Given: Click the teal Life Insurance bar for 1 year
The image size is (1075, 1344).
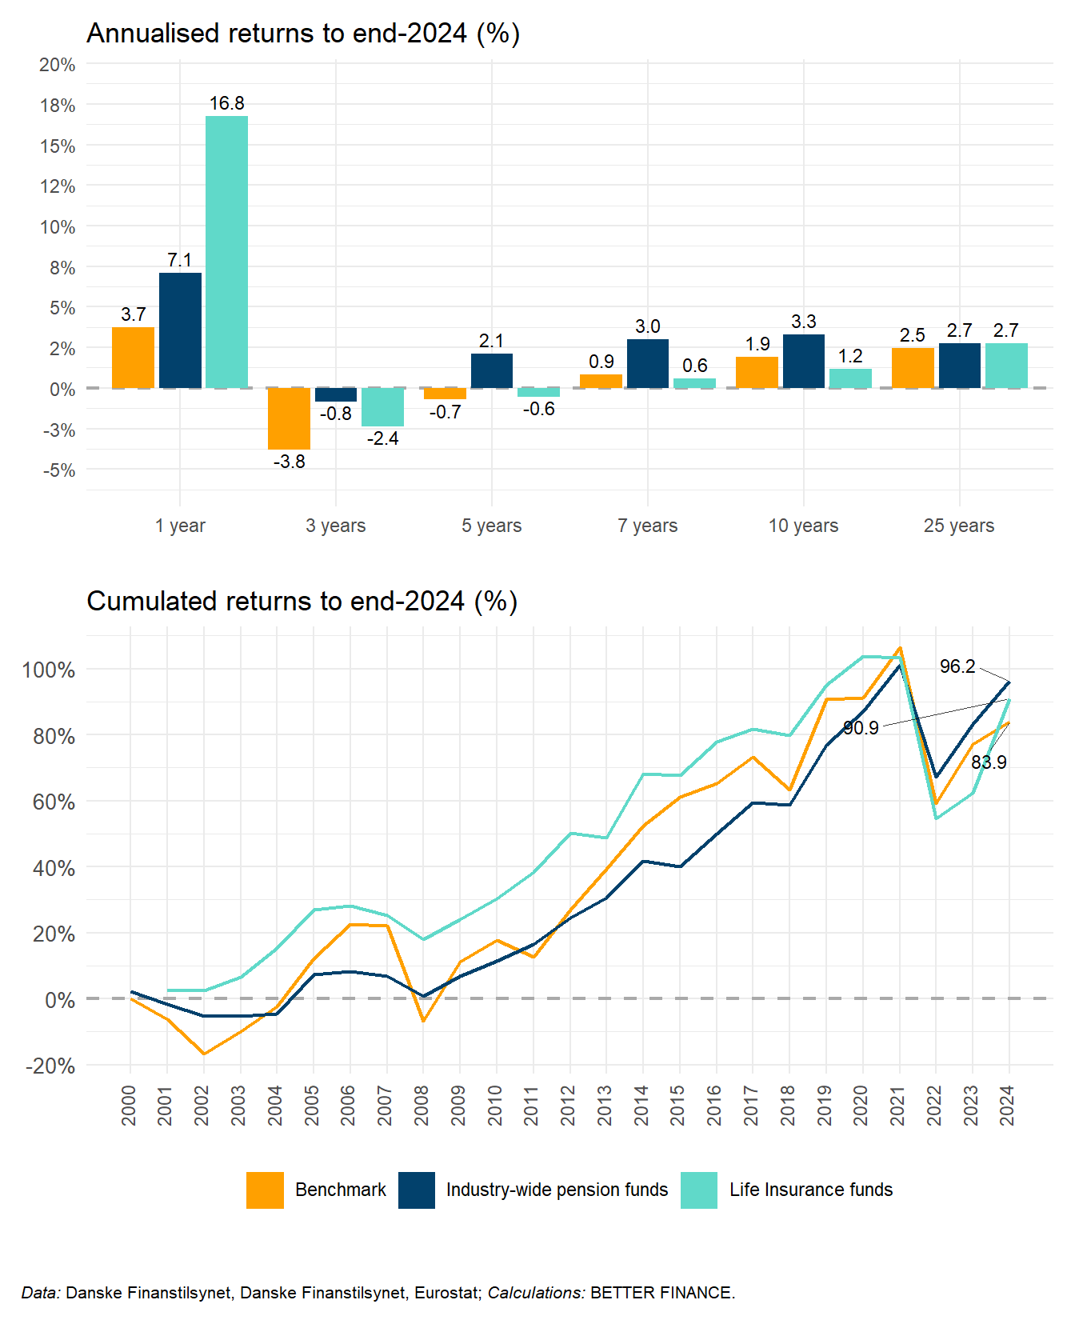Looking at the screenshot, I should tap(226, 252).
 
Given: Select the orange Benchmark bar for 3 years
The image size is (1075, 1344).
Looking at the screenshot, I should tap(289, 418).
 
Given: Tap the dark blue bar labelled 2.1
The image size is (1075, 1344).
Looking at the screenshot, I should tap(492, 370).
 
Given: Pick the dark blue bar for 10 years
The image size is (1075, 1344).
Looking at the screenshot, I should tap(804, 361).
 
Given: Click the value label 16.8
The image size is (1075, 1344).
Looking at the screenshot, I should tap(227, 103).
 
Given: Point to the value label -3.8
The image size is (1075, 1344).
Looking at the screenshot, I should tap(289, 462).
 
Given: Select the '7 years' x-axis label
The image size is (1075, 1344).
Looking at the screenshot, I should tap(647, 526).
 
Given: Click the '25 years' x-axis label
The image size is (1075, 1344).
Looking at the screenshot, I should tap(958, 526).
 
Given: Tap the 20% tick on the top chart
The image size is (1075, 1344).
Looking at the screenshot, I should tap(58, 65).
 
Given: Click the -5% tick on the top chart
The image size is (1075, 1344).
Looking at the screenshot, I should tap(58, 470).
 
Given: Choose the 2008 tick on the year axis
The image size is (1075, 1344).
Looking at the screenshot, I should tap(422, 1105).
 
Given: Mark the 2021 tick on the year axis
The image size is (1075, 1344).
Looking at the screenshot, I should tap(898, 1105).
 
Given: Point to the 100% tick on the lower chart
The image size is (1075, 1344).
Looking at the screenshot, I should tap(49, 670).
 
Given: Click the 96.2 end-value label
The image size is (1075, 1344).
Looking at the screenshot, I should tap(957, 666).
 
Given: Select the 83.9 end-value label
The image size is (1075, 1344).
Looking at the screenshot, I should tap(989, 762).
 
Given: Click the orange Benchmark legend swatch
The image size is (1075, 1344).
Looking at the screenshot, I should tap(265, 1190).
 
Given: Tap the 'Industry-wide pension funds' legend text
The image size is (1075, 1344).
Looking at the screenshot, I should tap(557, 1190).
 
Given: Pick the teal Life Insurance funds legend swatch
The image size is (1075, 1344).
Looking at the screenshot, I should tap(699, 1190).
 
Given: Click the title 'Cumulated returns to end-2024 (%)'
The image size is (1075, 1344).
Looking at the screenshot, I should tap(302, 601).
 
